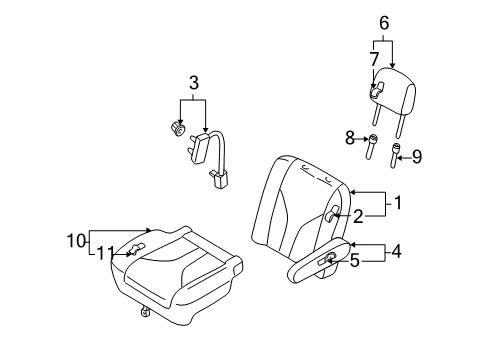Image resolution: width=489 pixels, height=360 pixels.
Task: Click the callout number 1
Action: point(398,203)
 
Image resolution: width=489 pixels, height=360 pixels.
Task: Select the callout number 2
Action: point(358,217)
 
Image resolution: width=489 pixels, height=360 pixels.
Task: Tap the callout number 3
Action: point(194,83)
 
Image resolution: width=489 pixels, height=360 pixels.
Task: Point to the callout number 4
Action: point(396,251)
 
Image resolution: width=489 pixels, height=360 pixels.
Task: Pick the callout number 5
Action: point(355,260)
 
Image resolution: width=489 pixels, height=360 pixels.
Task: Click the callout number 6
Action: point(384,23)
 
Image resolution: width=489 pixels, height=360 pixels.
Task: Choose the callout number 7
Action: point(375,59)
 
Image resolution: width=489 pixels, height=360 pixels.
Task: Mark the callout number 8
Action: point(350,138)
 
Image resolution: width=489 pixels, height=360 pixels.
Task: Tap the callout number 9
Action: point(417,157)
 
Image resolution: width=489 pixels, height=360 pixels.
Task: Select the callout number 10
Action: point(77,241)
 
